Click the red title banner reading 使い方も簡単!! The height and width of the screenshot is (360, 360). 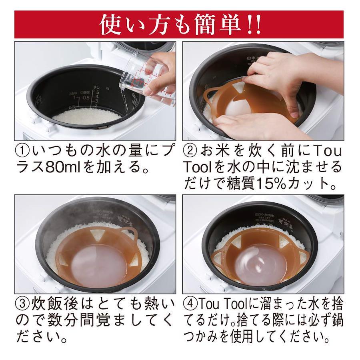click(179, 24)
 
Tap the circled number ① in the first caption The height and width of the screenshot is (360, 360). click(23, 151)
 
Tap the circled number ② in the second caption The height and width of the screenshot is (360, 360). click(190, 151)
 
